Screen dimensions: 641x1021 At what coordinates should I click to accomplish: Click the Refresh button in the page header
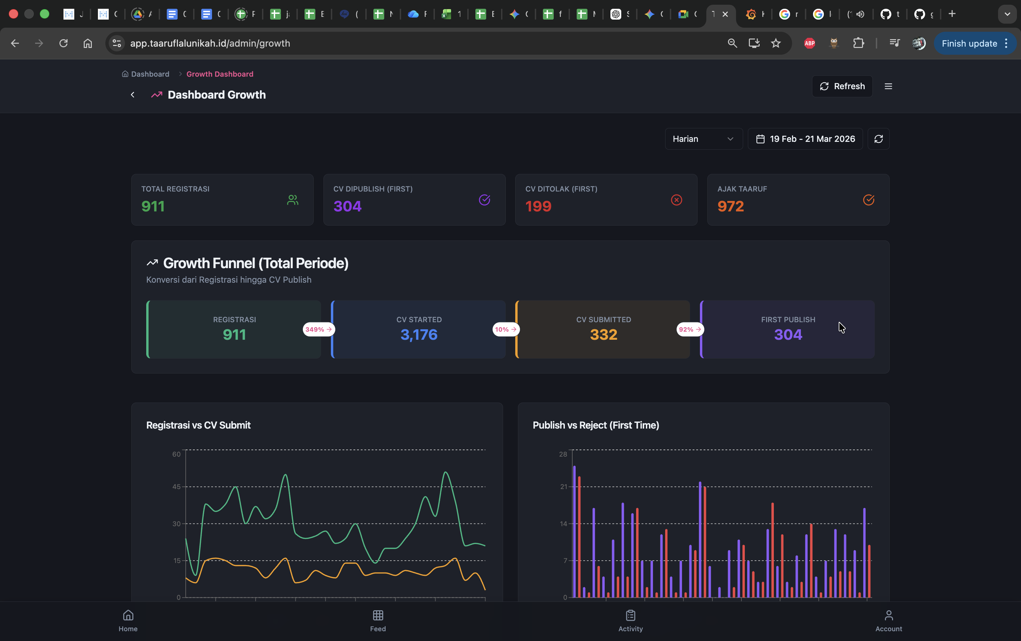842,86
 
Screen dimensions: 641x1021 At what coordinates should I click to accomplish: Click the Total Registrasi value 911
153,206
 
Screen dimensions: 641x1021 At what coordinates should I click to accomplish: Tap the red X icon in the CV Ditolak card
676,200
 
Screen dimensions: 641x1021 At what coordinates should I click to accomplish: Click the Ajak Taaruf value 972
730,206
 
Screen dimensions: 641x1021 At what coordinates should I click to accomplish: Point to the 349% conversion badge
319,329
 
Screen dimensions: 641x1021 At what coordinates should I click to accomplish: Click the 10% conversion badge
506,329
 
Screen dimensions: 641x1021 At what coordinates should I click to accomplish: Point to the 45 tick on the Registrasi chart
176,486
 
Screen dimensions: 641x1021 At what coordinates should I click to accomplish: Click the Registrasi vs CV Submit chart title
198,425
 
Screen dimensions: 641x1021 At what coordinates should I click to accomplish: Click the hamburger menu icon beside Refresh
888,86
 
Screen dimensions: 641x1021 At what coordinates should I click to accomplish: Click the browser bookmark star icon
776,43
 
